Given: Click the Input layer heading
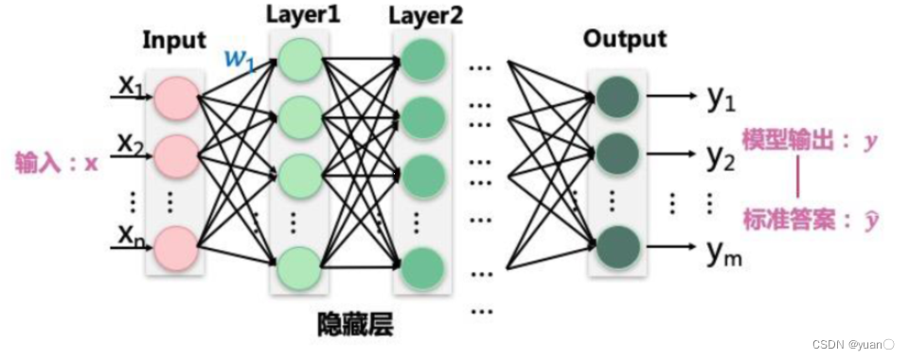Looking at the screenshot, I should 174,40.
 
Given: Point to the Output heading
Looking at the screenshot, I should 625,39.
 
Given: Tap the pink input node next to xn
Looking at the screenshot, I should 175,246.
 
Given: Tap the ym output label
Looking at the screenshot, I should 722,251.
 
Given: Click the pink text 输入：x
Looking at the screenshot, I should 57,163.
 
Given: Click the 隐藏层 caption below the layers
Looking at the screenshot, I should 355,325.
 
